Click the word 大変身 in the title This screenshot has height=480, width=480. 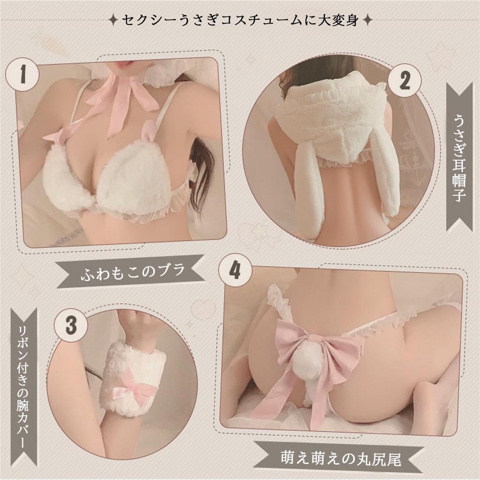coord(343,21)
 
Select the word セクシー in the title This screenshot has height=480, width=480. coord(140,21)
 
